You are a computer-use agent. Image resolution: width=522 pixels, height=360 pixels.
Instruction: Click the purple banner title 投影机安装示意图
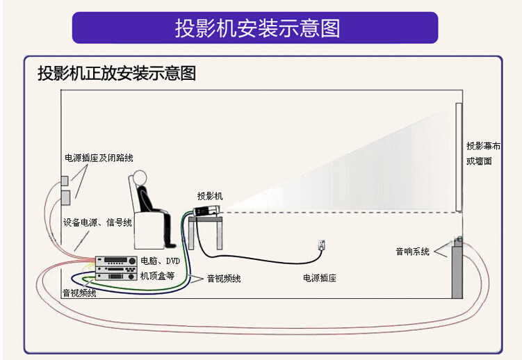257,28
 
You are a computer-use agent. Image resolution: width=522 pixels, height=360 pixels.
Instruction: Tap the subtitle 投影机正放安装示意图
117,73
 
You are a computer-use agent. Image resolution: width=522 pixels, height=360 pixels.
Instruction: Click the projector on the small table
207,211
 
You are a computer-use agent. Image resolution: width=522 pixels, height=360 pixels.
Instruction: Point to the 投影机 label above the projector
210,196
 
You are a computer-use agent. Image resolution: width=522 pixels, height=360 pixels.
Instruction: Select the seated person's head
140,177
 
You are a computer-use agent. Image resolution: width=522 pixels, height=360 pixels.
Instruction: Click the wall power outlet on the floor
321,245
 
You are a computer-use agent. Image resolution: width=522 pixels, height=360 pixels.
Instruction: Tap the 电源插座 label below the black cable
320,278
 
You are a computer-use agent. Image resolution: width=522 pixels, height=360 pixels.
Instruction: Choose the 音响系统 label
412,252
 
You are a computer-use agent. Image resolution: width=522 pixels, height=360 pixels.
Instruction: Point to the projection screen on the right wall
459,157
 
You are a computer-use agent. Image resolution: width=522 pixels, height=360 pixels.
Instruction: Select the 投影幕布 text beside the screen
483,146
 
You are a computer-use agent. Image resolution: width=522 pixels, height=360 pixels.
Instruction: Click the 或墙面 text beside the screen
479,161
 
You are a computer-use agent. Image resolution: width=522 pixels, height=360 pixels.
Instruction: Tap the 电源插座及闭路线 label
99,158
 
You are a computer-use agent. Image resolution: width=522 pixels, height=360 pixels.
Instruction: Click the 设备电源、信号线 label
97,222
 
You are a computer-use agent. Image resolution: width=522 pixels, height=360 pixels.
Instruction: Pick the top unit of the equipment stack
116,261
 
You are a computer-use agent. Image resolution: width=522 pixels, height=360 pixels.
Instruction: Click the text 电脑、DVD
160,261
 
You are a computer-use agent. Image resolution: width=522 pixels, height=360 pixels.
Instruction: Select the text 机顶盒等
157,276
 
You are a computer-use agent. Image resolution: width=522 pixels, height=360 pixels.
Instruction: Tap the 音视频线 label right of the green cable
224,278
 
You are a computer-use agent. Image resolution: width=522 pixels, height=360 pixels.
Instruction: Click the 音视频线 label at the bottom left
79,293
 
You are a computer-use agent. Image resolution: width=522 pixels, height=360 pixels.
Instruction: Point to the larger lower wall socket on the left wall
65,197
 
